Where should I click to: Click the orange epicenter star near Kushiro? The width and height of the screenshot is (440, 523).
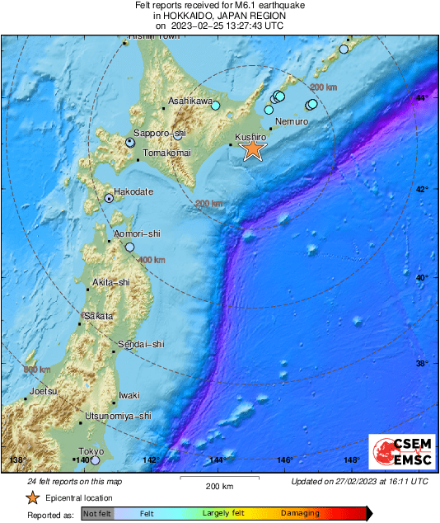(253, 148)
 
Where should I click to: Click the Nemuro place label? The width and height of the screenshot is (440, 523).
(291, 121)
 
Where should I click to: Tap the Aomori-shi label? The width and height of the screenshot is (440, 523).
(137, 234)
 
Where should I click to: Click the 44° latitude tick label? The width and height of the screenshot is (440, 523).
(422, 98)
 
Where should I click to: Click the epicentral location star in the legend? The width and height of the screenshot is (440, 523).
(32, 497)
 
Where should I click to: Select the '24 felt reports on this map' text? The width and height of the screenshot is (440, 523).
(75, 481)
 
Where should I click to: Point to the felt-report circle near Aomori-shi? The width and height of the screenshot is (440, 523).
(129, 247)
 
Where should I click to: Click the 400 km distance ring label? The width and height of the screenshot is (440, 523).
(152, 260)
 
